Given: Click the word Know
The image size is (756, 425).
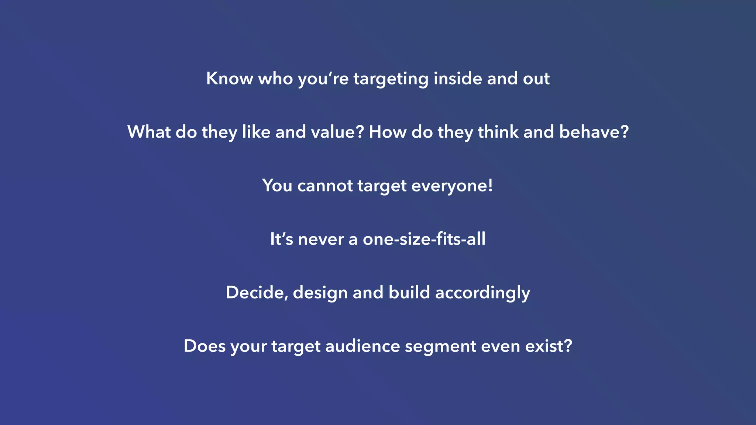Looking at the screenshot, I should tap(229, 79).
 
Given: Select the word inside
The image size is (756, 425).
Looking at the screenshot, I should tap(458, 79).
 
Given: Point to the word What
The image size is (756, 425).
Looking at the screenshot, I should tap(149, 132).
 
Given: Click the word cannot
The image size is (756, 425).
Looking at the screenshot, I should tap(325, 186).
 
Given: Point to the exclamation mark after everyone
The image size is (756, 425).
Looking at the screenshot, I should tap(490, 185).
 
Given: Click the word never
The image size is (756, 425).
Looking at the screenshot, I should tap(321, 239).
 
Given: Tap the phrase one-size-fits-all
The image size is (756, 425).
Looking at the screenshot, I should tap(424, 239).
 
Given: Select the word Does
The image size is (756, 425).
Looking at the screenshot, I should tap(205, 346).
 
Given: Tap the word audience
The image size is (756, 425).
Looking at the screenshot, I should tap(362, 346).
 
